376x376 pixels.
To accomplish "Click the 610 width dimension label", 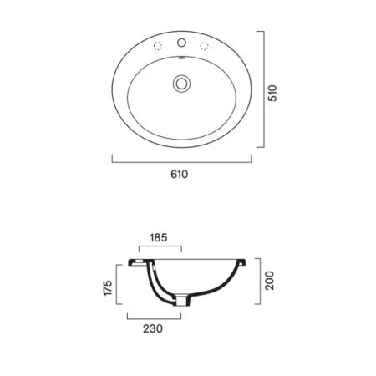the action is point(180,174).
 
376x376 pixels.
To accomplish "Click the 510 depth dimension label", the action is point(272,94).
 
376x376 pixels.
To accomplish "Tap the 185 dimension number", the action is point(159,237).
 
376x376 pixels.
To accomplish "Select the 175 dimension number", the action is point(108,287).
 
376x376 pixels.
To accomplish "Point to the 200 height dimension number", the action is point(269,281).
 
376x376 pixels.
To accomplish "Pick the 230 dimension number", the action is point(153,328).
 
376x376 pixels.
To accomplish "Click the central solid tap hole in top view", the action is point(181,43).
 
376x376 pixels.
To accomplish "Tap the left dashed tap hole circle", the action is point(158,46).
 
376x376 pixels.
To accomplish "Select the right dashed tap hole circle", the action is point(204,46).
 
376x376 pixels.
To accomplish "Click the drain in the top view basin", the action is point(181,84).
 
